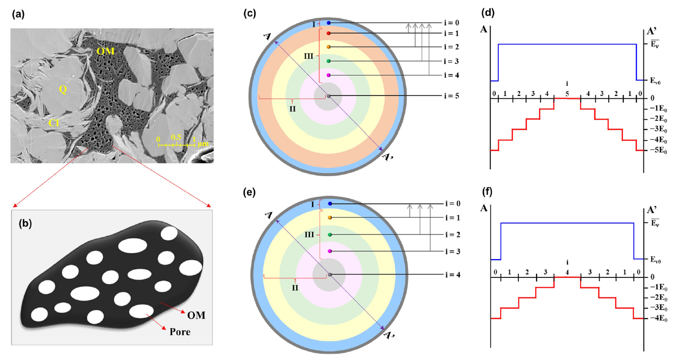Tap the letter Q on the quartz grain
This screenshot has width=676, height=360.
click(x=62, y=89)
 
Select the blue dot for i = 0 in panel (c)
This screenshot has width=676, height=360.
click(x=329, y=23)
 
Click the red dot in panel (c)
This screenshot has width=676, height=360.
click(x=329, y=33)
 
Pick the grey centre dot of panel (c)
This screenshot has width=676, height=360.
click(x=328, y=96)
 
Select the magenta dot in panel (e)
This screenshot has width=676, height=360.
click(x=330, y=251)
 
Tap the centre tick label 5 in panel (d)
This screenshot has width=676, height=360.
click(x=567, y=93)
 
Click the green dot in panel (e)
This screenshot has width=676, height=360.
click(x=330, y=234)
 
